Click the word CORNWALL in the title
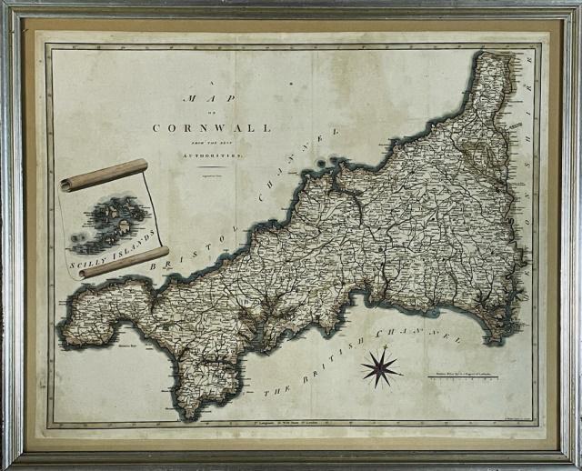pos(211,128)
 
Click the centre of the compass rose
pos(381,366)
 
